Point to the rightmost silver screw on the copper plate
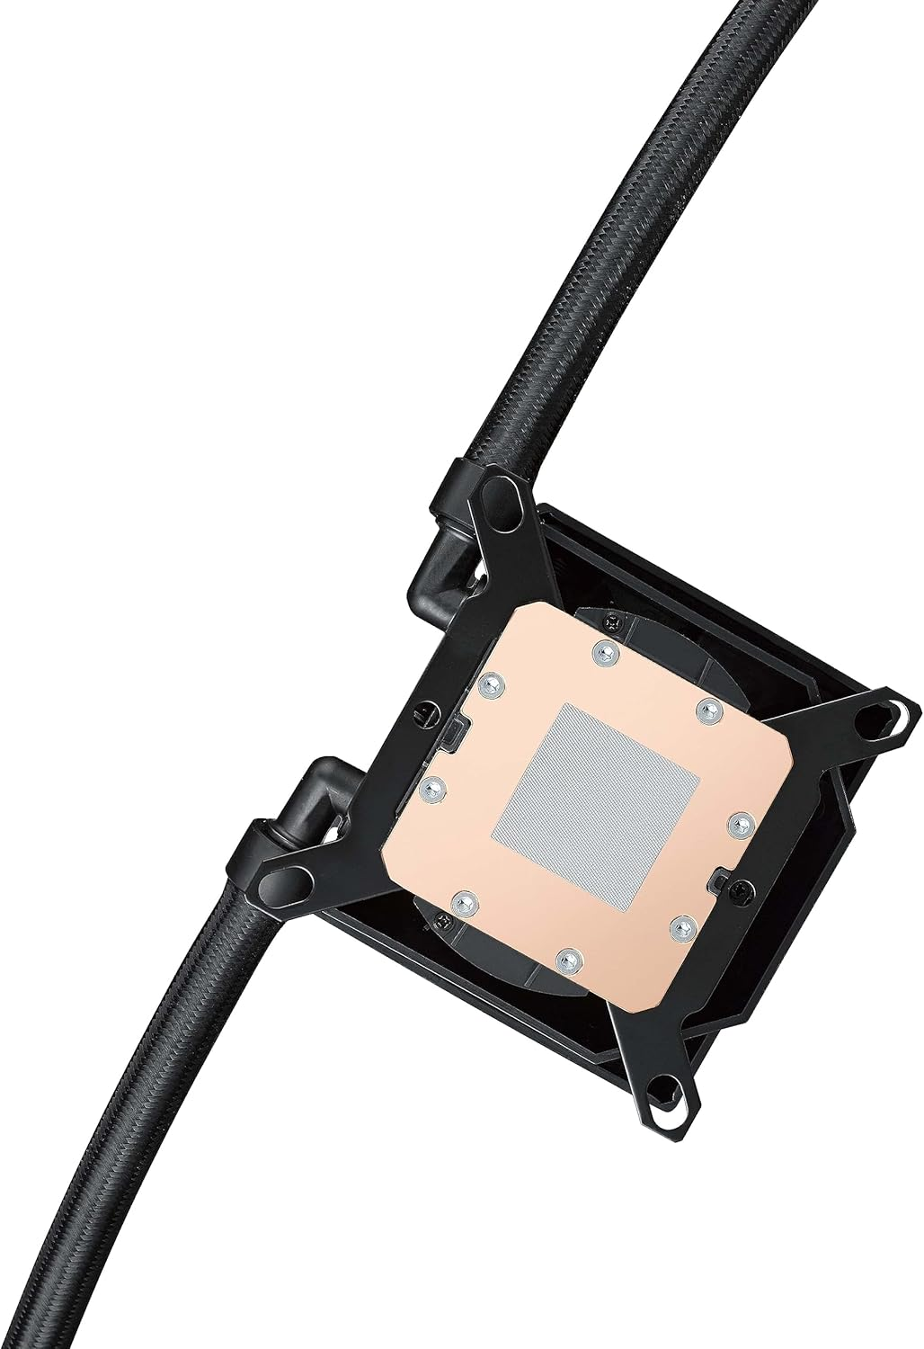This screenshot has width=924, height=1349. click(741, 820)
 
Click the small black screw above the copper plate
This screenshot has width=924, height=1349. click(613, 620)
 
